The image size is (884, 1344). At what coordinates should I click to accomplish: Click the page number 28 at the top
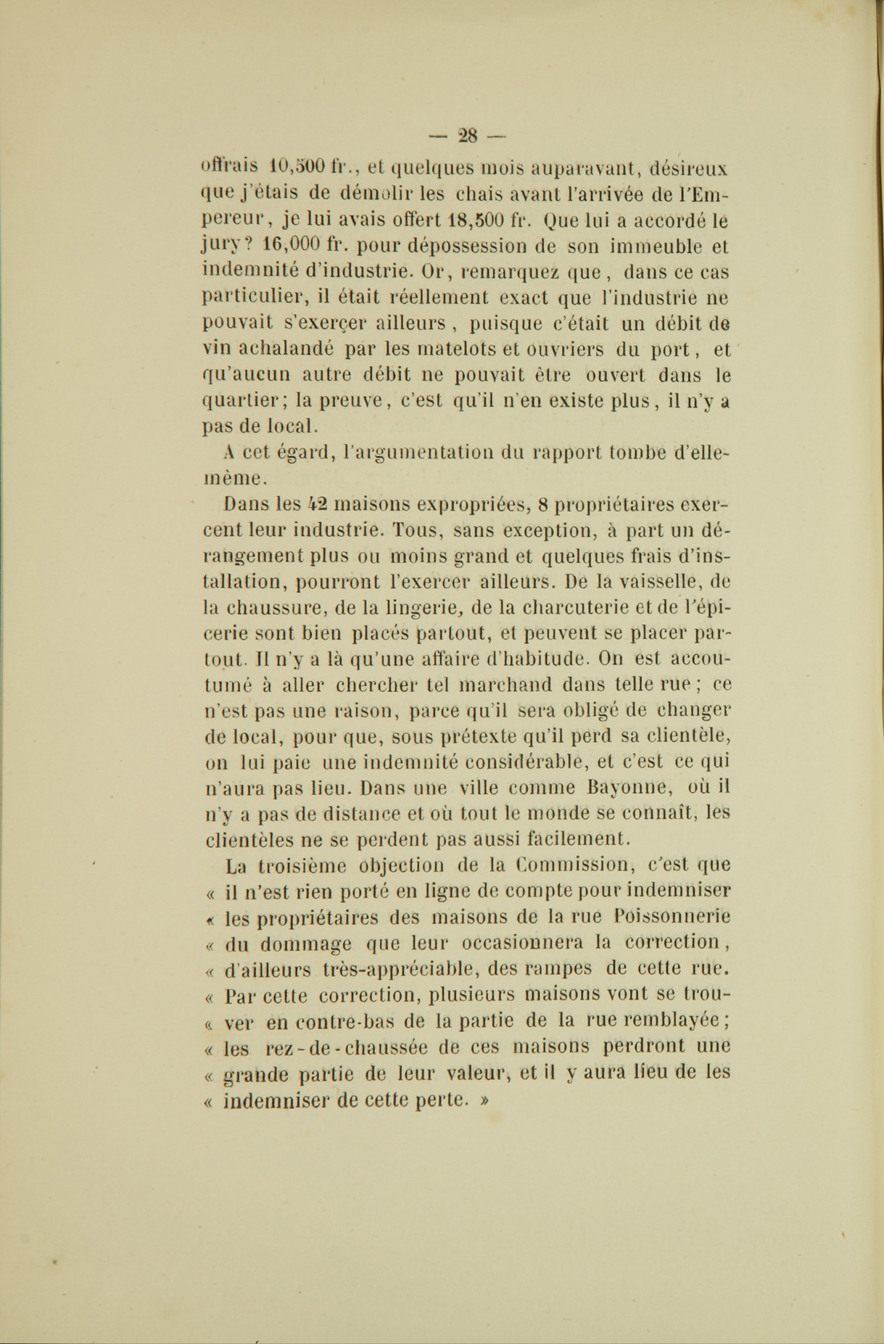pyautogui.click(x=468, y=134)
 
